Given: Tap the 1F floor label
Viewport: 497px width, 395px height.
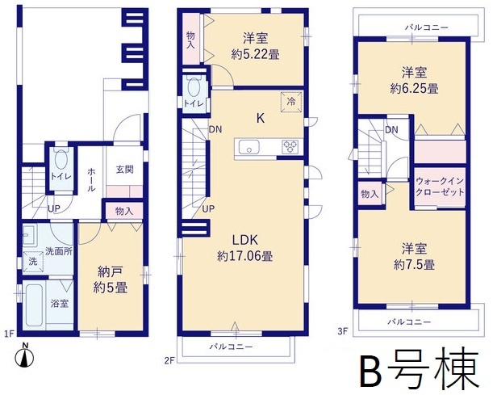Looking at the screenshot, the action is (x=9, y=333).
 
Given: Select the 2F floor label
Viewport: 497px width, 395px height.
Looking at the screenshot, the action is (x=169, y=360).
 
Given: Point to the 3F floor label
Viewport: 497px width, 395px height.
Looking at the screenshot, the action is (x=343, y=331).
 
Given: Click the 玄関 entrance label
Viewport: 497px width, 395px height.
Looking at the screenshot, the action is (x=124, y=170).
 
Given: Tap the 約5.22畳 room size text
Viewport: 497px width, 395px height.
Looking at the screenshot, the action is (x=255, y=55).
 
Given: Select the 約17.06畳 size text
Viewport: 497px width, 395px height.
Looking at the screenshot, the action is (x=244, y=256).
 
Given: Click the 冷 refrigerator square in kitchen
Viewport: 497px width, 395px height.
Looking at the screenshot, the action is (x=291, y=102).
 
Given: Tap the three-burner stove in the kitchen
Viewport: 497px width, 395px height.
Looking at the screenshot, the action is (x=290, y=147).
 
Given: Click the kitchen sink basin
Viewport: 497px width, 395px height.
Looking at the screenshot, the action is (x=249, y=147).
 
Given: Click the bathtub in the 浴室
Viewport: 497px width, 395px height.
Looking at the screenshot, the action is (x=34, y=305).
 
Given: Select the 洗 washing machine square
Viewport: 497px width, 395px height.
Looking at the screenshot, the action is (x=33, y=261).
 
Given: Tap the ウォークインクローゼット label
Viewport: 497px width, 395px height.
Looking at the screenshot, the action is (x=439, y=187).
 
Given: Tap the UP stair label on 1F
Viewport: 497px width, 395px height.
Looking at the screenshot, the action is (x=54, y=208).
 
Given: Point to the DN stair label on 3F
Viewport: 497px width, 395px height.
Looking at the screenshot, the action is (x=392, y=129).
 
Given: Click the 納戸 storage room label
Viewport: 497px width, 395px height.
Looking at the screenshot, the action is (x=111, y=271).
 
